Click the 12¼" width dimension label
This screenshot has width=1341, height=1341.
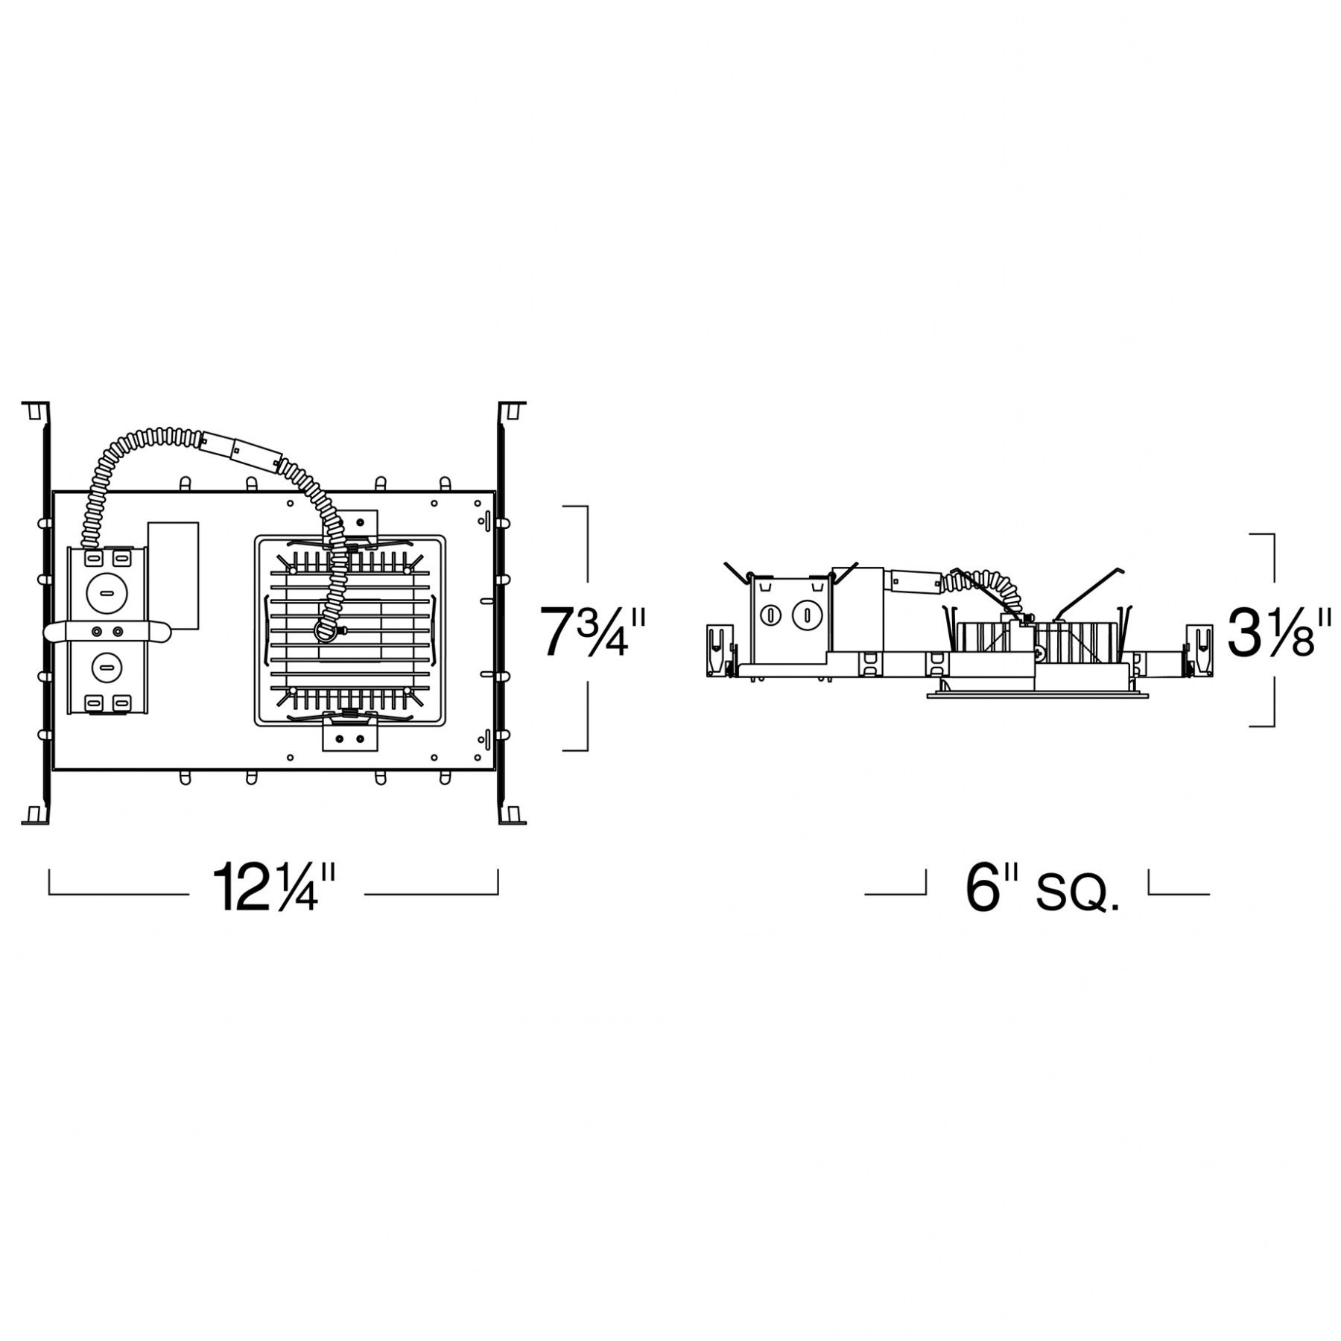coord(276,887)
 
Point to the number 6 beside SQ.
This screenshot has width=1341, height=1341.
coord(983,888)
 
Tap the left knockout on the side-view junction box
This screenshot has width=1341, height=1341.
coord(773,616)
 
